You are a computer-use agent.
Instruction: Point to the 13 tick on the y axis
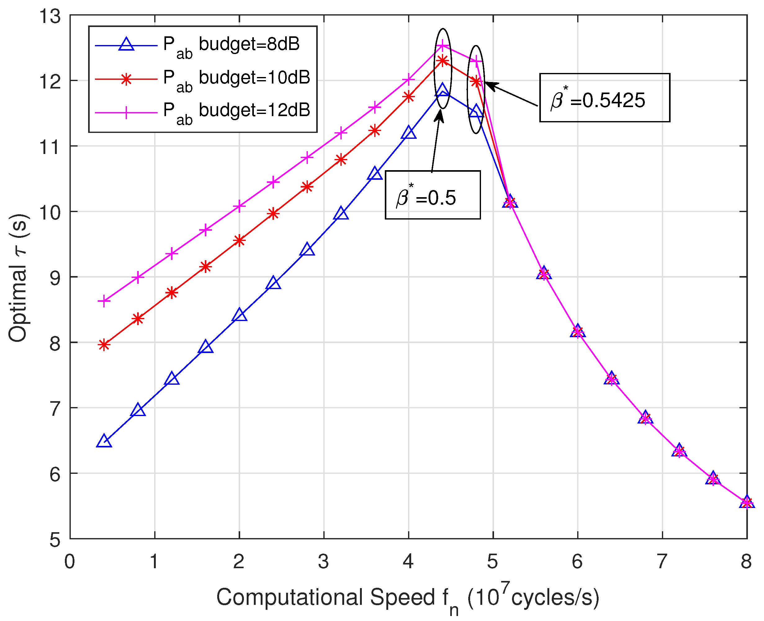(x=50, y=16)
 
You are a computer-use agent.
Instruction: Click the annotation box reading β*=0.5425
(x=604, y=98)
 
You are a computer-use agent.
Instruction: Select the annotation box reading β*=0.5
(x=432, y=195)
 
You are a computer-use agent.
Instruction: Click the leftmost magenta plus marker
(x=104, y=301)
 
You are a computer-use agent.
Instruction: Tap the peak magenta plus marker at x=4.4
(x=443, y=45)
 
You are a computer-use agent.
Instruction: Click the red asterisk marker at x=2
(x=239, y=240)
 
